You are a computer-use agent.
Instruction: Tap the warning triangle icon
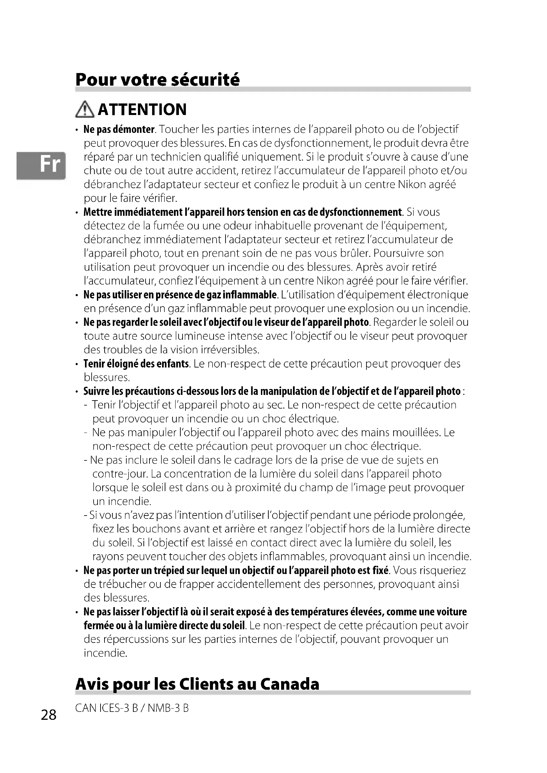coord(85,110)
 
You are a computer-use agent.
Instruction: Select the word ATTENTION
coord(142,109)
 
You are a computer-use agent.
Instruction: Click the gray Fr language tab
coord(41,165)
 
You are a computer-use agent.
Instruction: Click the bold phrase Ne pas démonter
coord(119,129)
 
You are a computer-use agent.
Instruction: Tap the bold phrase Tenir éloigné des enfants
coord(136,364)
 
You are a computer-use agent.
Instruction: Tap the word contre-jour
coord(120,474)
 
